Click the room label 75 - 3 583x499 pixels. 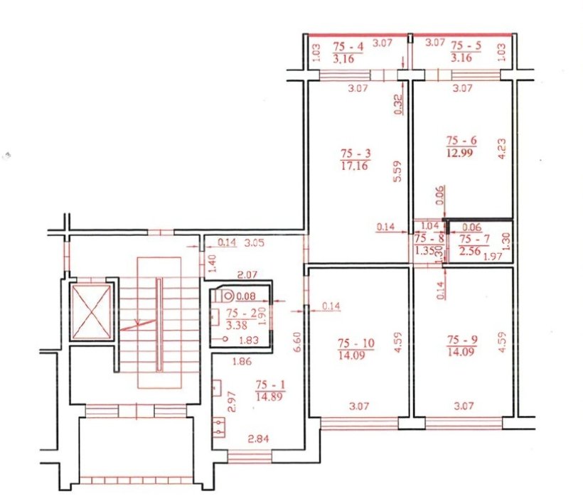pyautogui.click(x=355, y=154)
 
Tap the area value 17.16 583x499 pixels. pyautogui.click(x=354, y=166)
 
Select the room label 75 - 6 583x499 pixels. pyautogui.click(x=461, y=141)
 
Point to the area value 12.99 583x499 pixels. pyautogui.click(x=459, y=153)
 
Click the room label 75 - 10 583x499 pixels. pyautogui.click(x=355, y=343)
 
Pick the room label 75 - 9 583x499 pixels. pyautogui.click(x=463, y=340)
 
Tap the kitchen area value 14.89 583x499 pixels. pyautogui.click(x=269, y=397)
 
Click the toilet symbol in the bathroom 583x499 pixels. pyautogui.click(x=225, y=296)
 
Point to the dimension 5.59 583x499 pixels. pyautogui.click(x=397, y=171)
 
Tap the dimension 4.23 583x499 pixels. pyautogui.click(x=501, y=149)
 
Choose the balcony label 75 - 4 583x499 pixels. pyautogui.click(x=348, y=46)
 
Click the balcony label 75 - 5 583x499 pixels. pyautogui.click(x=466, y=45)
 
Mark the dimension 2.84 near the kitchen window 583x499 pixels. pyautogui.click(x=258, y=439)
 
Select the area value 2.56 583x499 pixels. pyautogui.click(x=470, y=251)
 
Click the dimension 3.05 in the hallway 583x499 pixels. pyautogui.click(x=254, y=243)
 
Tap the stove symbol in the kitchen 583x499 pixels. pyautogui.click(x=219, y=427)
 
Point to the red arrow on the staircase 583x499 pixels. pyautogui.click(x=137, y=325)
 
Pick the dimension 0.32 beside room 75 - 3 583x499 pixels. pyautogui.click(x=397, y=105)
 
